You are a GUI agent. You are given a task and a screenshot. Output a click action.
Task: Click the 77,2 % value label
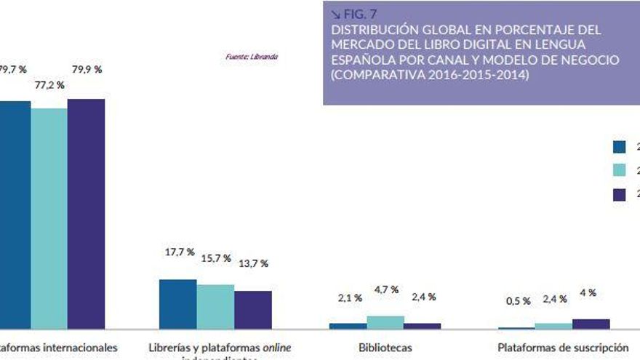[49, 85]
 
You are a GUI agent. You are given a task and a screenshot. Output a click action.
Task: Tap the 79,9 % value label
[87, 70]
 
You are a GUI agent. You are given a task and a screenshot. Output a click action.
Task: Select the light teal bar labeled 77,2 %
[49, 218]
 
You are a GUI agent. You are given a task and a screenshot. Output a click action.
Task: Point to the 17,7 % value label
[180, 252]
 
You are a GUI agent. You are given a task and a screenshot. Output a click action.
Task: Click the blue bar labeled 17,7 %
[177, 304]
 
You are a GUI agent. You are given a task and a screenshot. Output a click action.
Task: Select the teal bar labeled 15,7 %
[215, 306]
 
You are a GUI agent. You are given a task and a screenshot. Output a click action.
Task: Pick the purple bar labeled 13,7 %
[253, 310]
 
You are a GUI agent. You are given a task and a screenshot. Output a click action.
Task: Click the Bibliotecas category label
[385, 348]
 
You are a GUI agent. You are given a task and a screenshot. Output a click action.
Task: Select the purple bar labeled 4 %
[591, 324]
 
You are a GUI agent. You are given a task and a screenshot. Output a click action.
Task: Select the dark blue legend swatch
[620, 147]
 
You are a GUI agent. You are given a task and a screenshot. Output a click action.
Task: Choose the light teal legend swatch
[620, 170]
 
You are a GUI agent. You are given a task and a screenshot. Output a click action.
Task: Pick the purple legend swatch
[620, 194]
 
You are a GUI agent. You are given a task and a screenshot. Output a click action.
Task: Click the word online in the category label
[277, 348]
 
